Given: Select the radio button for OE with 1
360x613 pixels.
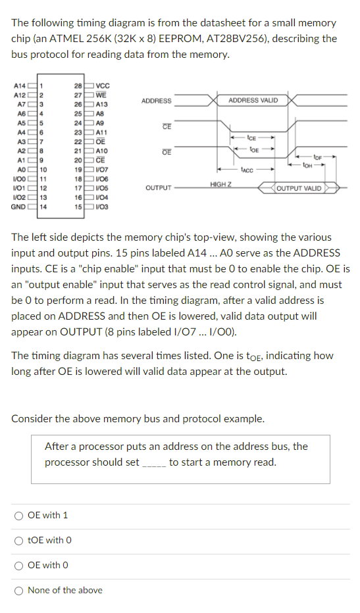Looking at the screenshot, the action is pos(18,516).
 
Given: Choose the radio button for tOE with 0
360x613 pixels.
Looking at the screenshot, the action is pos(18,541).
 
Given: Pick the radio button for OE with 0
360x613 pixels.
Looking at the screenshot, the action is pos(18,566).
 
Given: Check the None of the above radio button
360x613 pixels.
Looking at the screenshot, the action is pos(18,591).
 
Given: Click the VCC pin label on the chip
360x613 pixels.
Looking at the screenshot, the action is pos(103,86).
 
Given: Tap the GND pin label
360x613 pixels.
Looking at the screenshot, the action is pos(18,207).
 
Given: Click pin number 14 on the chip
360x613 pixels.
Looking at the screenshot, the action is pos(43,207).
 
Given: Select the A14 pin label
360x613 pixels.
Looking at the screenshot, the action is pos(20,86).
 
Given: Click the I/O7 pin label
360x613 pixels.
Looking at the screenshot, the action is pos(102,170).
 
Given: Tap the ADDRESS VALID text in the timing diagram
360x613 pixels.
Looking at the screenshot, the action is pos(253,101).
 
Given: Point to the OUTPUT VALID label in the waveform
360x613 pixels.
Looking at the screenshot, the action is pos(299,188).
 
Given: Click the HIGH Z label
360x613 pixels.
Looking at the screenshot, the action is pos(220,184).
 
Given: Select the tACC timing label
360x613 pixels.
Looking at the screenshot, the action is pos(247,170).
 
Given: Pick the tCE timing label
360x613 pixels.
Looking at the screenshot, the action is pos(251,137).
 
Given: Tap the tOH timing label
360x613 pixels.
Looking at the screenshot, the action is pos(307,165).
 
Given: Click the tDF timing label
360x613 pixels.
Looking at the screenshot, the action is pos(317,158).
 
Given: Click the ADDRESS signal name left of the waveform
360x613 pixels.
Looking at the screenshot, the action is pos(156,101).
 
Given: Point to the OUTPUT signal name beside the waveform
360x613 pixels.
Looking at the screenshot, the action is pos(159,188).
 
